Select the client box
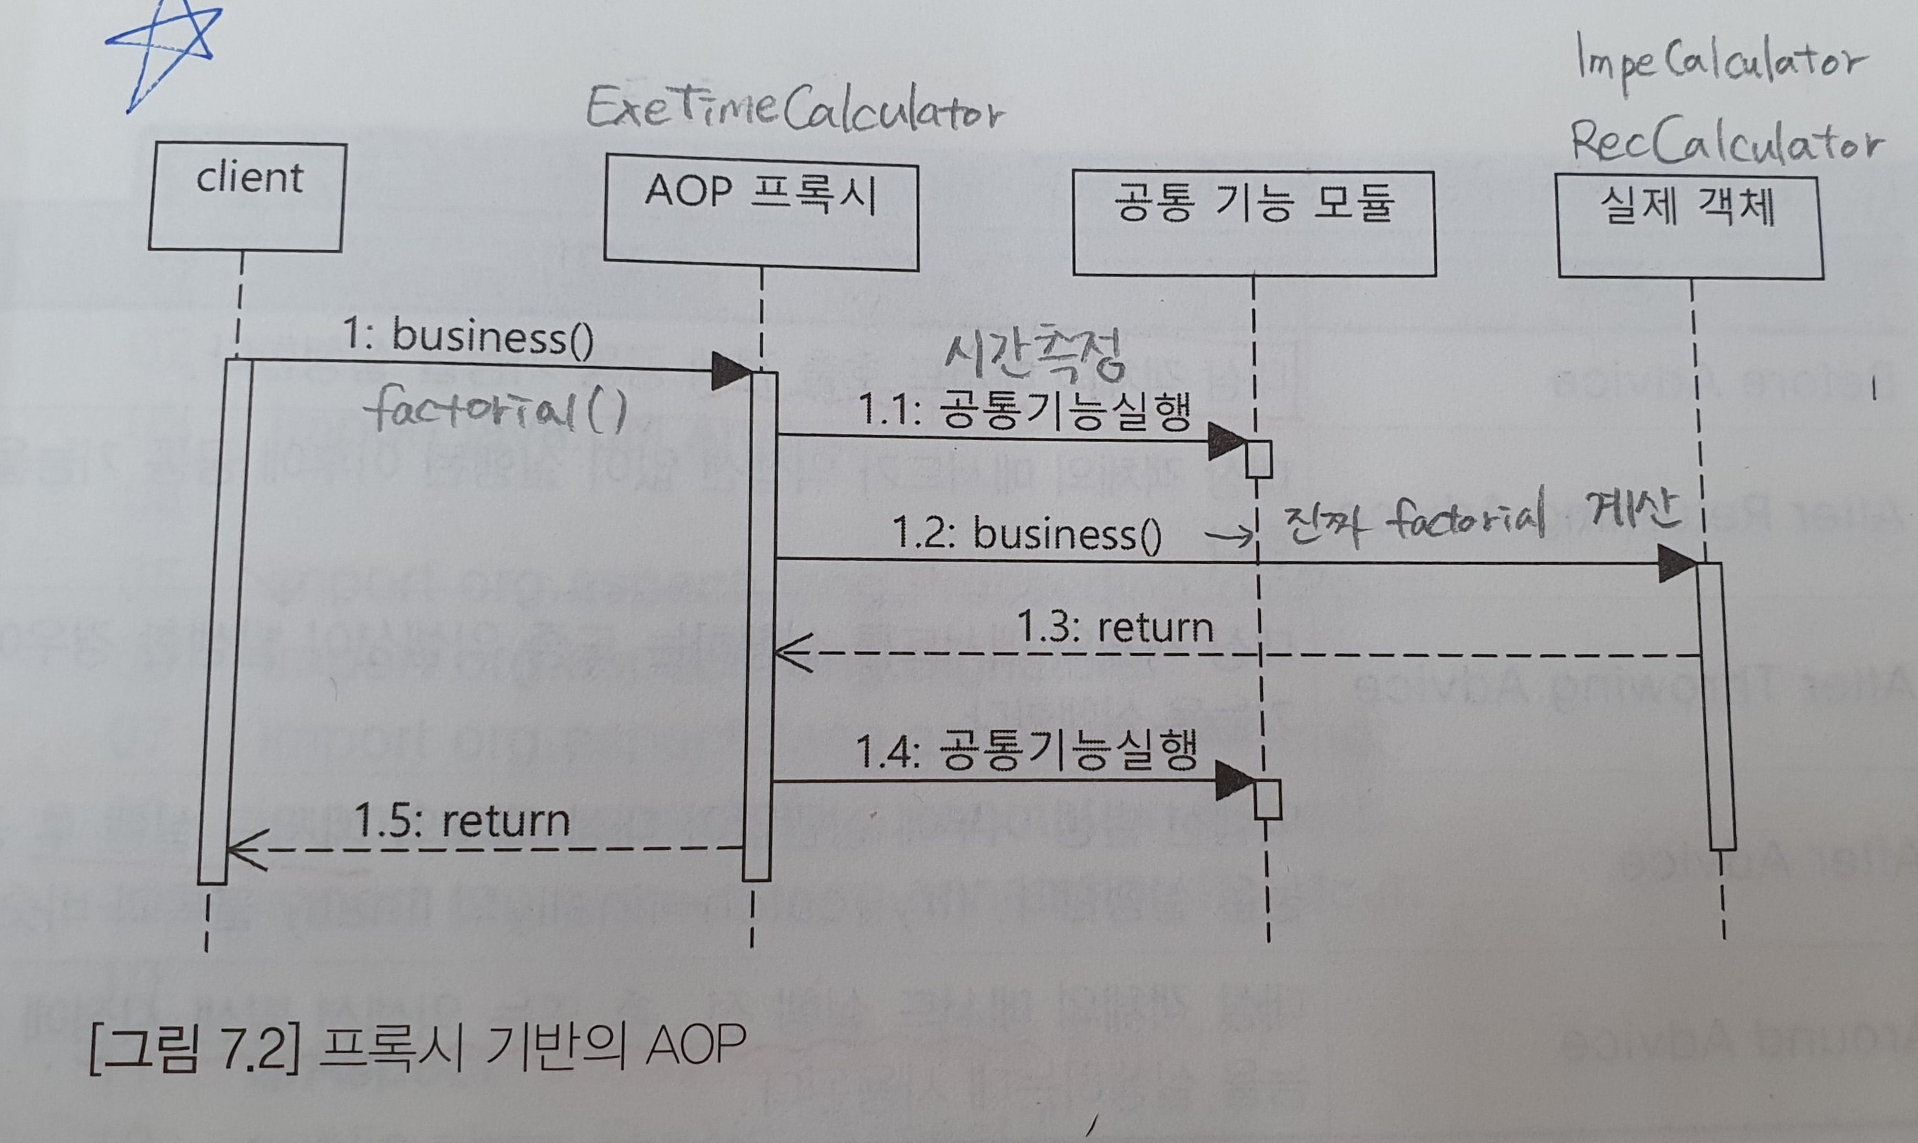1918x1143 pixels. point(247,197)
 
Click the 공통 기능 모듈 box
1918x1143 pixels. point(1254,223)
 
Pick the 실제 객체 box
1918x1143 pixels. point(1690,228)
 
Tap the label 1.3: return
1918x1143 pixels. point(1115,627)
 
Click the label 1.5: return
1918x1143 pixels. point(462,821)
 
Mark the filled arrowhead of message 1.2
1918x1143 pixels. point(1677,563)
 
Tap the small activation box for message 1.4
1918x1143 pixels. point(1267,800)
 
